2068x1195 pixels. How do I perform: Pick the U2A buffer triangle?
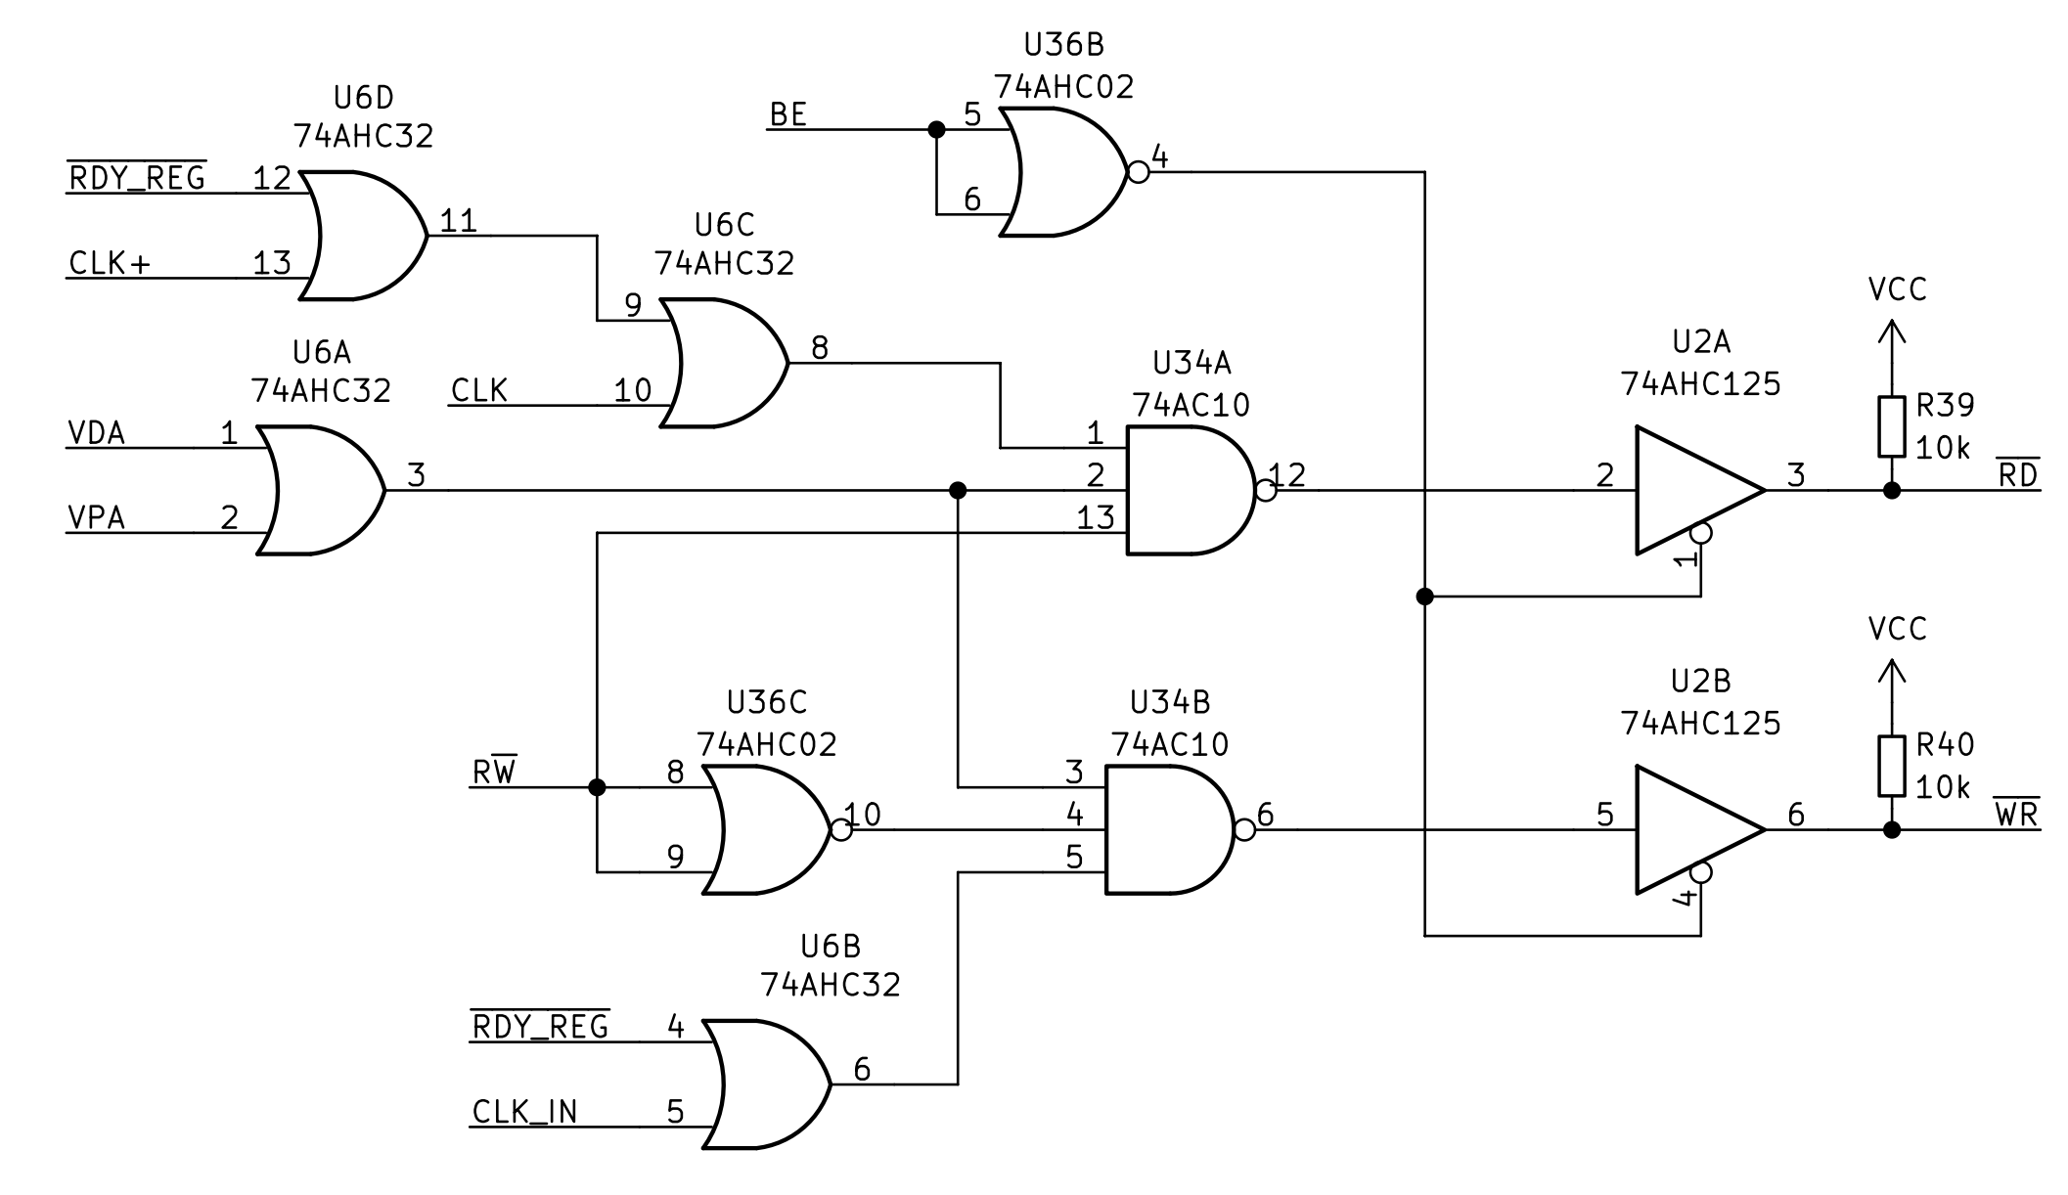(x=1692, y=490)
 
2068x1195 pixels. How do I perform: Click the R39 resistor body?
(x=1891, y=426)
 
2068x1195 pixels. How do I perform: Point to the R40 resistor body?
(x=1891, y=766)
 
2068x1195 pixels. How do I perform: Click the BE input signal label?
(x=787, y=115)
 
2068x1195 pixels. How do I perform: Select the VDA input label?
(x=97, y=433)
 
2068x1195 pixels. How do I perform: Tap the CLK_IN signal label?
(x=524, y=1112)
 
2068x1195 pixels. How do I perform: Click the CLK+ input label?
(x=110, y=264)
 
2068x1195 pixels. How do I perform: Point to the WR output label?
(x=2016, y=815)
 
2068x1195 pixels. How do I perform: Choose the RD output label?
(x=2017, y=475)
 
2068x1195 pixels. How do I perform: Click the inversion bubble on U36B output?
(x=1138, y=172)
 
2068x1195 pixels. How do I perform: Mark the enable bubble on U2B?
(x=1701, y=872)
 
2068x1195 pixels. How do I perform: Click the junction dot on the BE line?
(x=936, y=129)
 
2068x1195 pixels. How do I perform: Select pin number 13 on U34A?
(x=1096, y=518)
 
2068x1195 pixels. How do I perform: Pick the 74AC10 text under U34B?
(x=1169, y=745)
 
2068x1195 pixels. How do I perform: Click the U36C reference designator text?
(x=767, y=703)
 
